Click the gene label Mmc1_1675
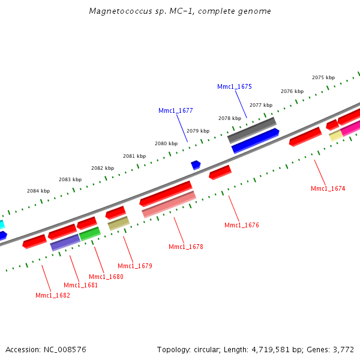point(234,86)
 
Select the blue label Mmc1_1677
point(175,110)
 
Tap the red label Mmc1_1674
point(328,188)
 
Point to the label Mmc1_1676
point(241,225)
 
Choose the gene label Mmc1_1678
point(185,247)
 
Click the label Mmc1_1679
point(134,266)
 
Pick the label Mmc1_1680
point(106,277)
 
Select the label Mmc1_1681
point(80,285)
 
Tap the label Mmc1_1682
point(52,295)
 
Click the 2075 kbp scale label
point(323,77)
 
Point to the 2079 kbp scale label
point(198,131)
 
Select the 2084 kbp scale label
point(38,191)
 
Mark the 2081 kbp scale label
point(134,156)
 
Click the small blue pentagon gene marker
point(196,164)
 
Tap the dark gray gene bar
point(252,130)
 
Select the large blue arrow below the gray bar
point(255,141)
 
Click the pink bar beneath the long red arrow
point(169,205)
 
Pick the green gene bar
point(90,233)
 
